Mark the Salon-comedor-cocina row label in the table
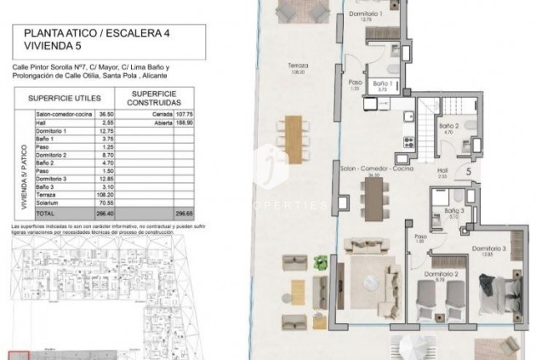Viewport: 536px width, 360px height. (x=61, y=112)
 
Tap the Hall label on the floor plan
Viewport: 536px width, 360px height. (x=442, y=169)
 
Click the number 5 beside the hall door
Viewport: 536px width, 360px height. (x=469, y=171)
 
